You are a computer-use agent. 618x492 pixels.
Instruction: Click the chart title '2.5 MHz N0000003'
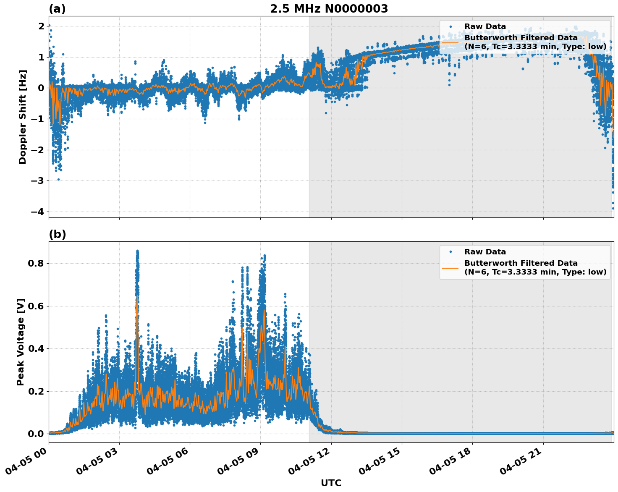pyautogui.click(x=329, y=9)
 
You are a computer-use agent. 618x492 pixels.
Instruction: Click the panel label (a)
pyautogui.click(x=57, y=9)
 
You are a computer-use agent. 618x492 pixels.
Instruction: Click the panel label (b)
pyautogui.click(x=57, y=234)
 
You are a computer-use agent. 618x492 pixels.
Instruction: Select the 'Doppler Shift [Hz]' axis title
pyautogui.click(x=23, y=117)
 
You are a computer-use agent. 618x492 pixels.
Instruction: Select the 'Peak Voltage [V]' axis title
pyautogui.click(x=21, y=342)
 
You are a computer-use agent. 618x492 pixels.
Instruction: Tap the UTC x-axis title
pyautogui.click(x=331, y=483)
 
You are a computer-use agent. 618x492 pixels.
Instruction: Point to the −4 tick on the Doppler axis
pyautogui.click(x=37, y=212)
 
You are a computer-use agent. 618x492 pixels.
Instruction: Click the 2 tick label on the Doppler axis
pyautogui.click(x=41, y=26)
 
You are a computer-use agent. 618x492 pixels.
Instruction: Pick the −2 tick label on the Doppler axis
pyautogui.click(x=37, y=150)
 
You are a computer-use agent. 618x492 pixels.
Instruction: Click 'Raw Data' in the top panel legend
pyautogui.click(x=485, y=26)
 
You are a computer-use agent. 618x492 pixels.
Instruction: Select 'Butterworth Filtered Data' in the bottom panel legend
pyautogui.click(x=521, y=263)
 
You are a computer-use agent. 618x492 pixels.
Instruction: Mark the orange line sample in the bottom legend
pyautogui.click(x=450, y=267)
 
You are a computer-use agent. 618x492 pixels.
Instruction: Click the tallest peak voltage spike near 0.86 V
pyautogui.click(x=137, y=251)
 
